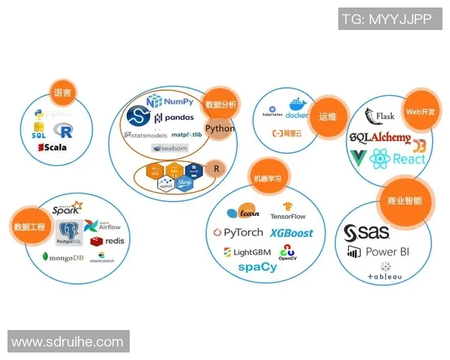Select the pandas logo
point(174,118)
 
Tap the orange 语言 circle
point(63,93)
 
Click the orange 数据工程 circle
point(29,226)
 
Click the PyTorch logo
point(238,233)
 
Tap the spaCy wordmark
point(257,267)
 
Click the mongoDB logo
point(62,258)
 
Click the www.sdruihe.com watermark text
point(67,342)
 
